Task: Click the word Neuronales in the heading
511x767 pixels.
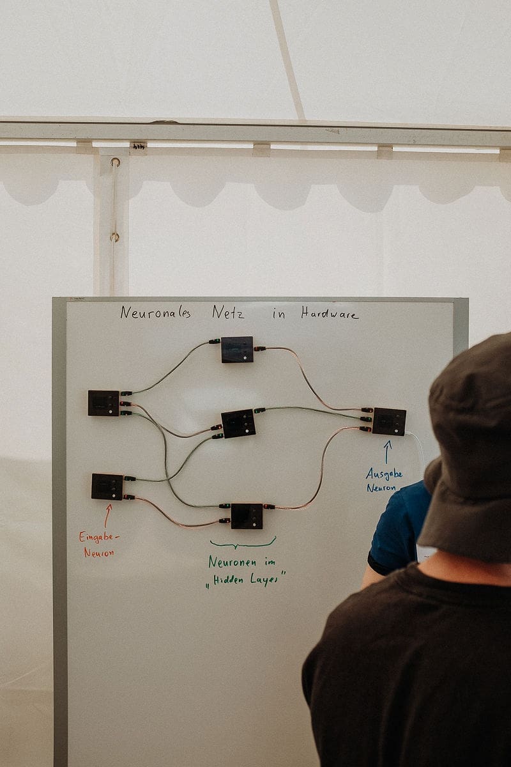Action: click(x=155, y=313)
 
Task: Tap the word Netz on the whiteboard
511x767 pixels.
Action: click(x=228, y=313)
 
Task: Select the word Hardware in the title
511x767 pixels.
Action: click(x=330, y=313)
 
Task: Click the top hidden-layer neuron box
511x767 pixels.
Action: click(x=237, y=349)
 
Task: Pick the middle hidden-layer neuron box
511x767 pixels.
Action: click(x=238, y=424)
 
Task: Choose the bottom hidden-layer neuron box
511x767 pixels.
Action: click(x=247, y=516)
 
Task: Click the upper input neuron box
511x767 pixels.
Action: click(x=103, y=403)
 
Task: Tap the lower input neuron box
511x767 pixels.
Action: click(x=107, y=486)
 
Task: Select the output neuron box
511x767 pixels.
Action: click(x=389, y=421)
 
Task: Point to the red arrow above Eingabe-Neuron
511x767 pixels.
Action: click(x=108, y=515)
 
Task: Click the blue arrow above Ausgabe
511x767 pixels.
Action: click(x=387, y=452)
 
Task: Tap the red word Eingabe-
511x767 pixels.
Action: click(x=99, y=537)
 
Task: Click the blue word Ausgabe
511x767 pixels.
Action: click(x=384, y=474)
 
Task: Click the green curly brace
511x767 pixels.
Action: click(x=243, y=543)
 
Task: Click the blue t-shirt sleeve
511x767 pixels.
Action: click(x=397, y=527)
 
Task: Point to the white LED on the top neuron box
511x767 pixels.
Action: click(x=245, y=357)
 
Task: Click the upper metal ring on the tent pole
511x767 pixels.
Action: click(x=116, y=162)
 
